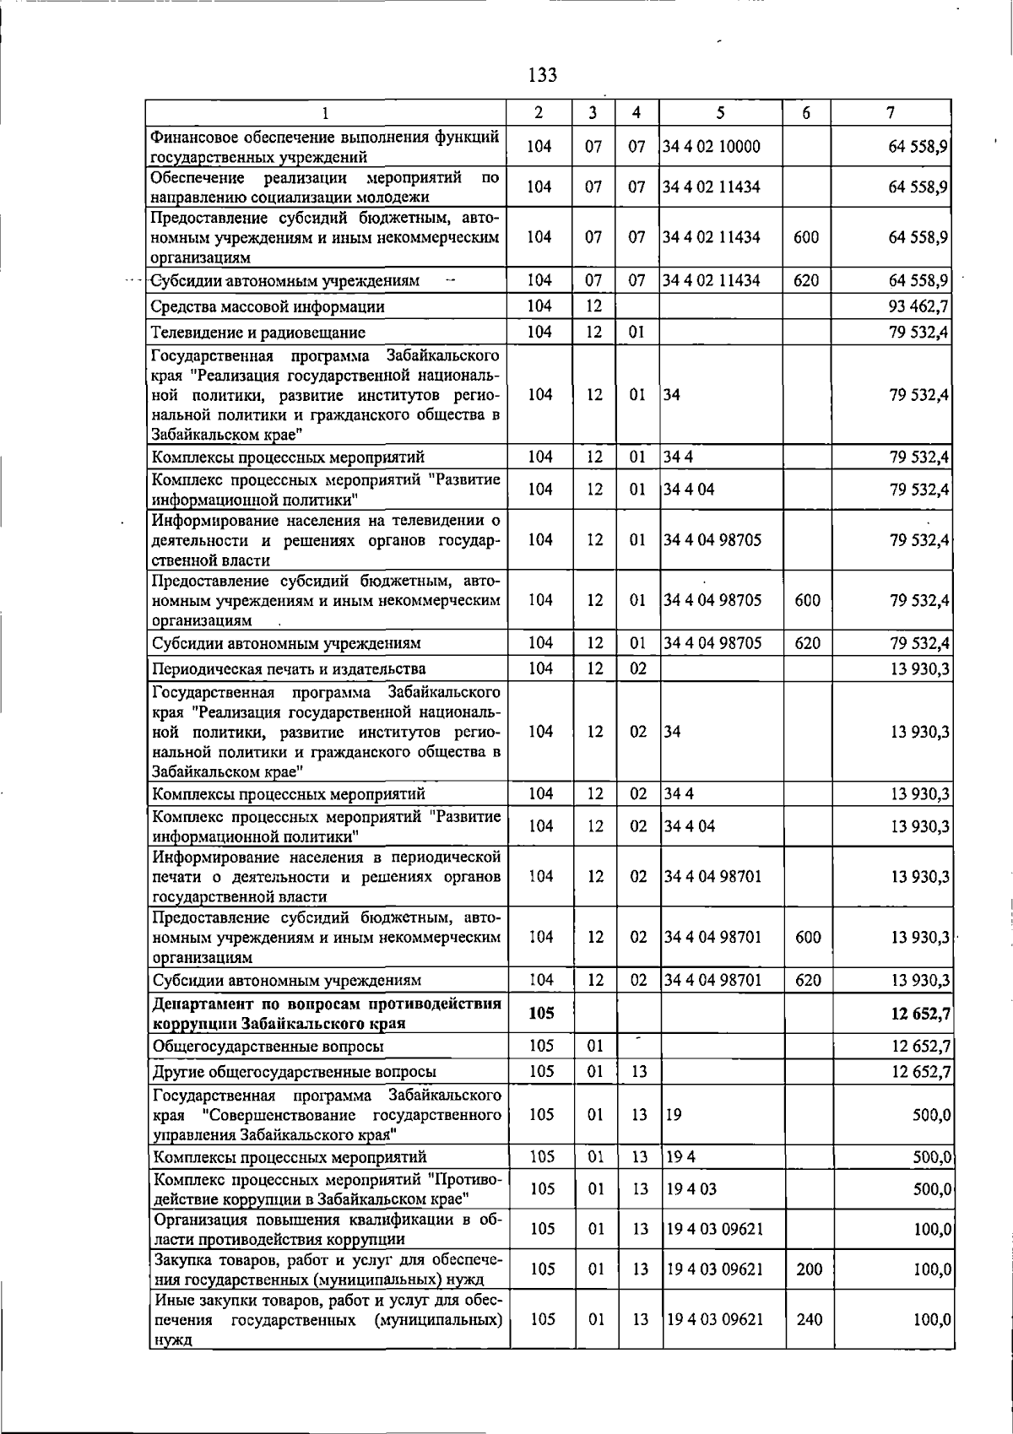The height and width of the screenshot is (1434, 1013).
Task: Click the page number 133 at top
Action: (x=543, y=75)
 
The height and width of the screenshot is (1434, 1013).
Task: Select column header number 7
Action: (x=891, y=112)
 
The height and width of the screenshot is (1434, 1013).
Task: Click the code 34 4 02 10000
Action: (x=712, y=147)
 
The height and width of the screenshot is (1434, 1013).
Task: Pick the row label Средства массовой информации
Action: (x=268, y=307)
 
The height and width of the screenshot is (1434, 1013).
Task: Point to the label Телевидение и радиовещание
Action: (x=258, y=333)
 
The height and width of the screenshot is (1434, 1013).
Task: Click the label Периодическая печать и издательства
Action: (x=289, y=669)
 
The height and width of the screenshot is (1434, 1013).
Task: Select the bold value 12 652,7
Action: (x=920, y=1014)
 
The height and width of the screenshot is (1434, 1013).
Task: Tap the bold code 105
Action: (x=541, y=1014)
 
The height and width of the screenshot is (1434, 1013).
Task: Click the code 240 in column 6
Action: (x=809, y=1319)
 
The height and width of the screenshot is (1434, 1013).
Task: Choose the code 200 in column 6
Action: (x=809, y=1269)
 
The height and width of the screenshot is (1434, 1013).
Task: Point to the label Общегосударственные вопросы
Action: (x=268, y=1047)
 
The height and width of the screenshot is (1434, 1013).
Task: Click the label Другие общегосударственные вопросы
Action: (x=294, y=1072)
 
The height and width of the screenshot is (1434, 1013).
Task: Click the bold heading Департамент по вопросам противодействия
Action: (x=327, y=1004)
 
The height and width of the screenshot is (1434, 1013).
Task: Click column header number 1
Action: (x=325, y=112)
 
